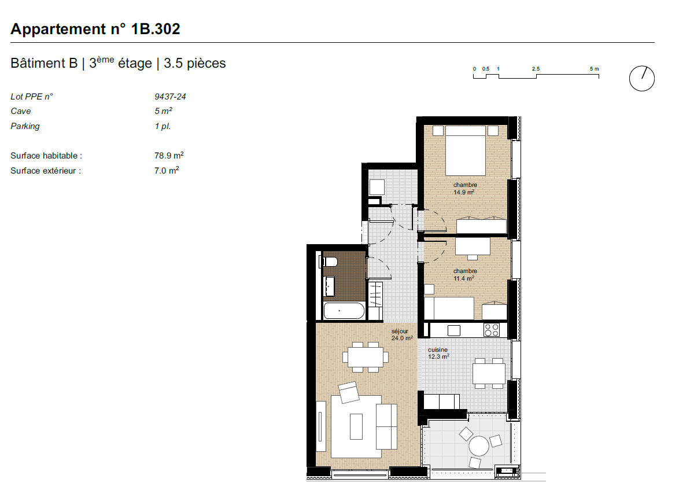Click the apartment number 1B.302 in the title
point(156,29)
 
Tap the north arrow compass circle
point(641,78)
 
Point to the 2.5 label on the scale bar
point(536,69)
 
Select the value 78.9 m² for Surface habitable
point(165,156)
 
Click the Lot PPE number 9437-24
point(166,97)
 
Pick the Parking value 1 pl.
point(163,126)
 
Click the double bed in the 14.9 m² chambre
point(464,148)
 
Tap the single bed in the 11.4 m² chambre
point(449,308)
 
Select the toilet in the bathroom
point(329,262)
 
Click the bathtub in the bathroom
point(344,312)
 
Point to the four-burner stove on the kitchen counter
point(492,330)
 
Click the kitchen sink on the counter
point(454,330)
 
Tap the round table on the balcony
point(479,446)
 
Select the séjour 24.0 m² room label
point(401,335)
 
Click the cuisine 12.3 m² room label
point(438,353)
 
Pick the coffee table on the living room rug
point(356,426)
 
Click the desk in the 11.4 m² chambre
point(473,245)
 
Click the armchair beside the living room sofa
point(350,393)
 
